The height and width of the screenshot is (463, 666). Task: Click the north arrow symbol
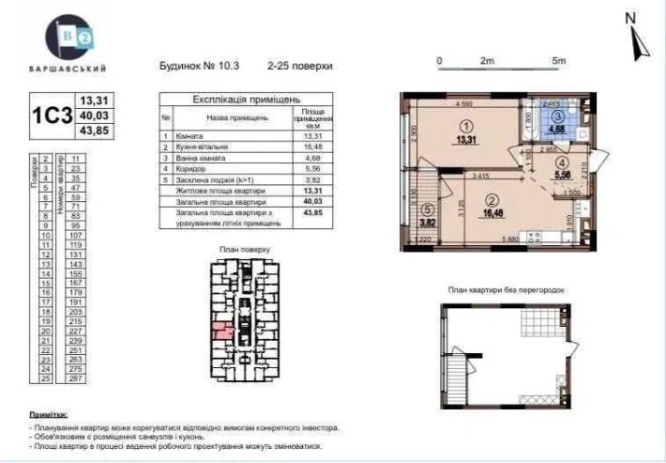pos(633,38)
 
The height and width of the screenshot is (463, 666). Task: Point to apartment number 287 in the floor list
pos(77,378)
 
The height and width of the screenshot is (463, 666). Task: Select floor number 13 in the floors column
pos(44,265)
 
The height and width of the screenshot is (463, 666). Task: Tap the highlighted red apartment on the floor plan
pos(223,329)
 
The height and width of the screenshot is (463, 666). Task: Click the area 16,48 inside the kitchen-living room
pos(493,213)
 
